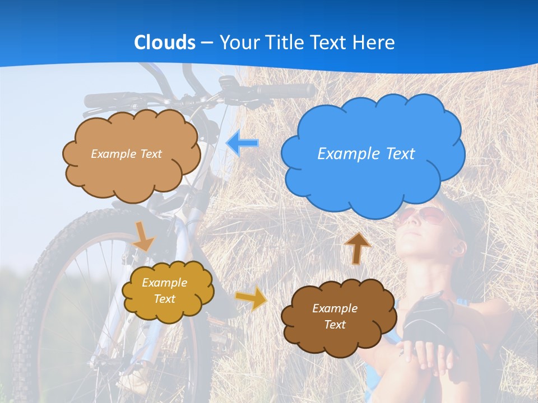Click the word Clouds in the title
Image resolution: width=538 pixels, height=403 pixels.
click(x=165, y=43)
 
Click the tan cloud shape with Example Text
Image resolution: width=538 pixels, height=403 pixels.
click(x=131, y=174)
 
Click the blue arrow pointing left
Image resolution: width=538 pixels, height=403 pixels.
click(x=242, y=143)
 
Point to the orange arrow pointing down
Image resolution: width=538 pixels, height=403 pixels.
click(x=143, y=236)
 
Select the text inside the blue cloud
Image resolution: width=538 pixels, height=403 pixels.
click(x=366, y=154)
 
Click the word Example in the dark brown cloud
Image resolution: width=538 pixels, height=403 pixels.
click(x=335, y=308)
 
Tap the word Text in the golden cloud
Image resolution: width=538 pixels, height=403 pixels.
click(x=164, y=299)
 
